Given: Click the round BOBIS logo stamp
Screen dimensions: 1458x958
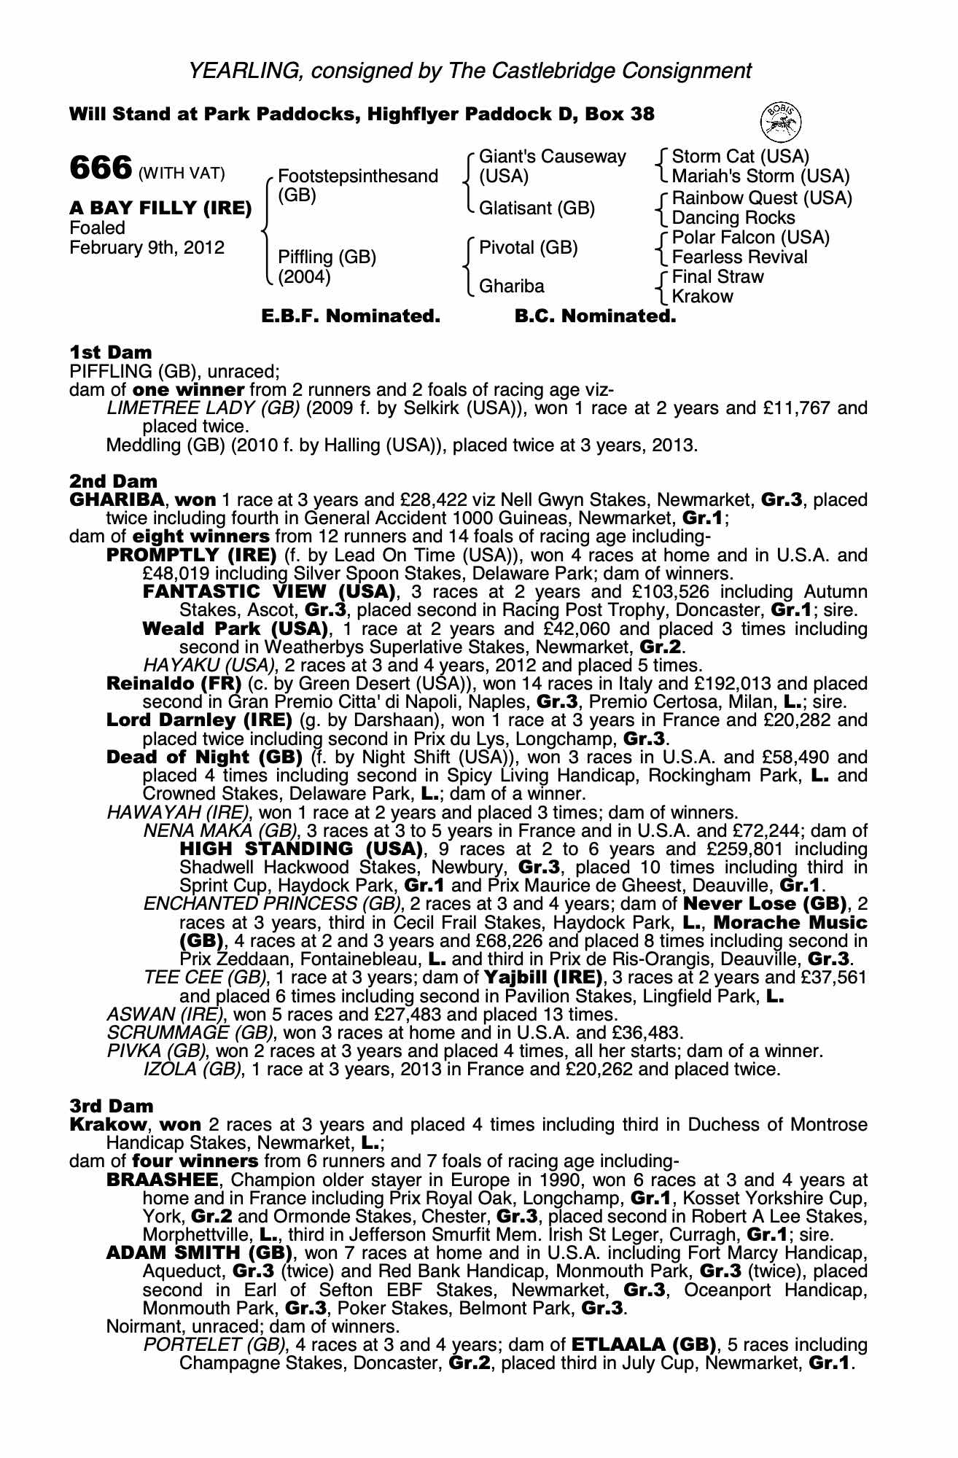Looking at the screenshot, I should click(781, 121).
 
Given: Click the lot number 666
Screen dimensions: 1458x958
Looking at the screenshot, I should click(100, 168).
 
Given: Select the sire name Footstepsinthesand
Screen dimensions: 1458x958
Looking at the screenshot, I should click(358, 176).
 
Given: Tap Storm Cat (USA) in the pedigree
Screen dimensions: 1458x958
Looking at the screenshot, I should click(740, 157).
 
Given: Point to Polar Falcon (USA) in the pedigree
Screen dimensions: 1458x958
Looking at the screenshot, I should click(750, 238).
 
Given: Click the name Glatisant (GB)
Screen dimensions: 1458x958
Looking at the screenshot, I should click(537, 208).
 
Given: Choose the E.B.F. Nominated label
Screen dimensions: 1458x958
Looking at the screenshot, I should click(351, 316).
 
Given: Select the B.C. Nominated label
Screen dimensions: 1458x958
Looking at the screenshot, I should click(595, 316).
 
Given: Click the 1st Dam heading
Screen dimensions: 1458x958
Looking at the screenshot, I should click(111, 353).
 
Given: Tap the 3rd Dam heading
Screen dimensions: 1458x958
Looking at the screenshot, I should click(112, 1107).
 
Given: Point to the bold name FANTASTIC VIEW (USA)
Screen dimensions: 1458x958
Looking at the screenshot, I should click(269, 592).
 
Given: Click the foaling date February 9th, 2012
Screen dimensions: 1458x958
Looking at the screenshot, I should click(147, 248).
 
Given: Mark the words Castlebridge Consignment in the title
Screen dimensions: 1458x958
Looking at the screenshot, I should click(600, 71).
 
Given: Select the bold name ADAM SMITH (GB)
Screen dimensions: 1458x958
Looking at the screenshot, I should click(200, 1254).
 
